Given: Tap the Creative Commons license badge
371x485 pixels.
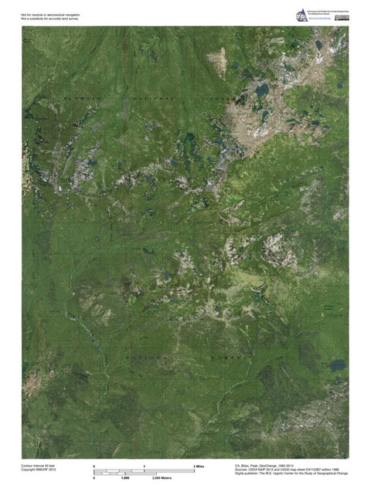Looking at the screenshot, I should [x=341, y=18].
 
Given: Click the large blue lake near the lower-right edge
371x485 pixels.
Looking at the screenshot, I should [x=339, y=364].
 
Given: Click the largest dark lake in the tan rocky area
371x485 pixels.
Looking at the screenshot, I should [x=262, y=91].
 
